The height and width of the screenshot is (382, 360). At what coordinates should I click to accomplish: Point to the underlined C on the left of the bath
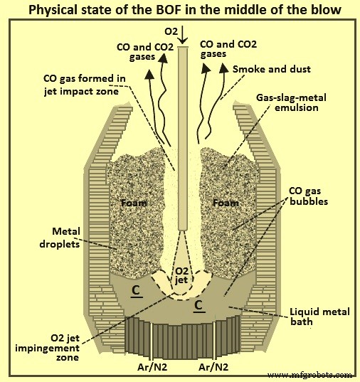pyautogui.click(x=135, y=291)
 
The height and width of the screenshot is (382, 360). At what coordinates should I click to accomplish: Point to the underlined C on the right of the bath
pyautogui.click(x=198, y=307)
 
